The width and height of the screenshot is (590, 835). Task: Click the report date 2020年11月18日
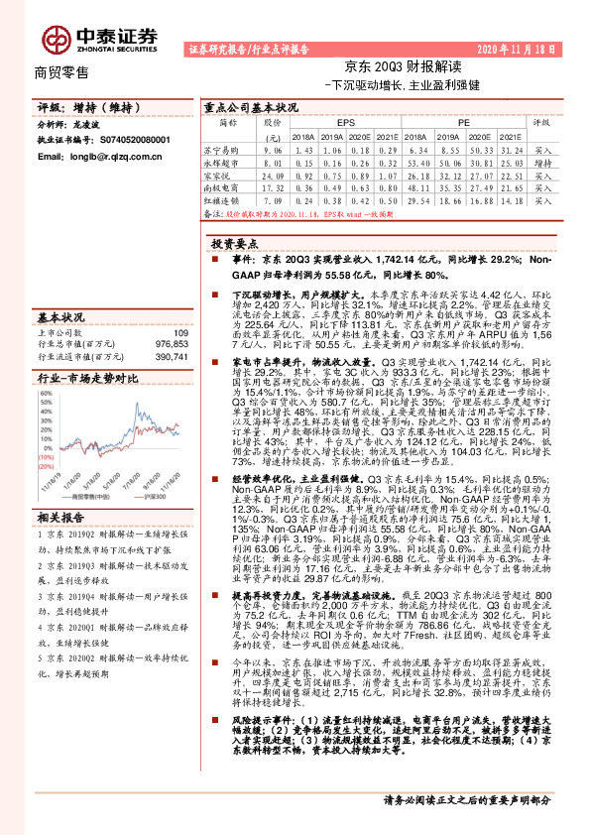coord(516,49)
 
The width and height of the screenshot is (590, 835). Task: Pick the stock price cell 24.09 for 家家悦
coord(274,174)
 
